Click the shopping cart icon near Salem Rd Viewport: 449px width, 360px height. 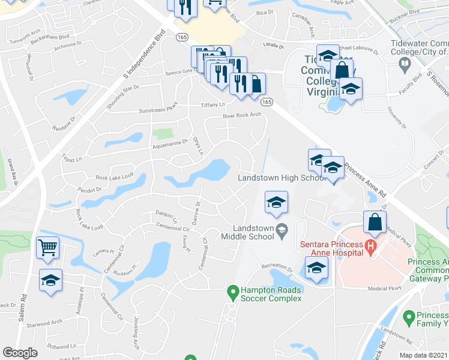click(47, 247)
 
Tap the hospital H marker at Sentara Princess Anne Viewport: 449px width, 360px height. click(370, 245)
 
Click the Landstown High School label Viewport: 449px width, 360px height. click(282, 178)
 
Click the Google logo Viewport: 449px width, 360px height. click(20, 353)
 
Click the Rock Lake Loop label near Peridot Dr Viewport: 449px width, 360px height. click(114, 178)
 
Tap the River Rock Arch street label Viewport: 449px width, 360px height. click(242, 115)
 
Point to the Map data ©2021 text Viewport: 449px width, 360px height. click(423, 355)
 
